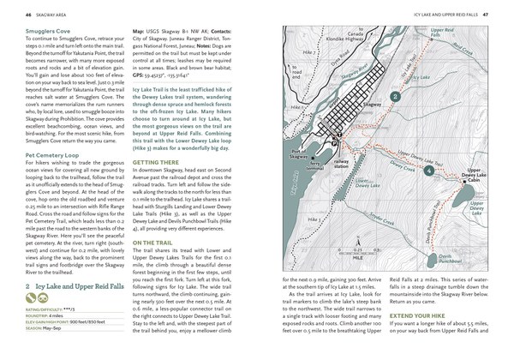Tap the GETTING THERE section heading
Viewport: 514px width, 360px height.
pyautogui.click(x=157, y=161)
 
